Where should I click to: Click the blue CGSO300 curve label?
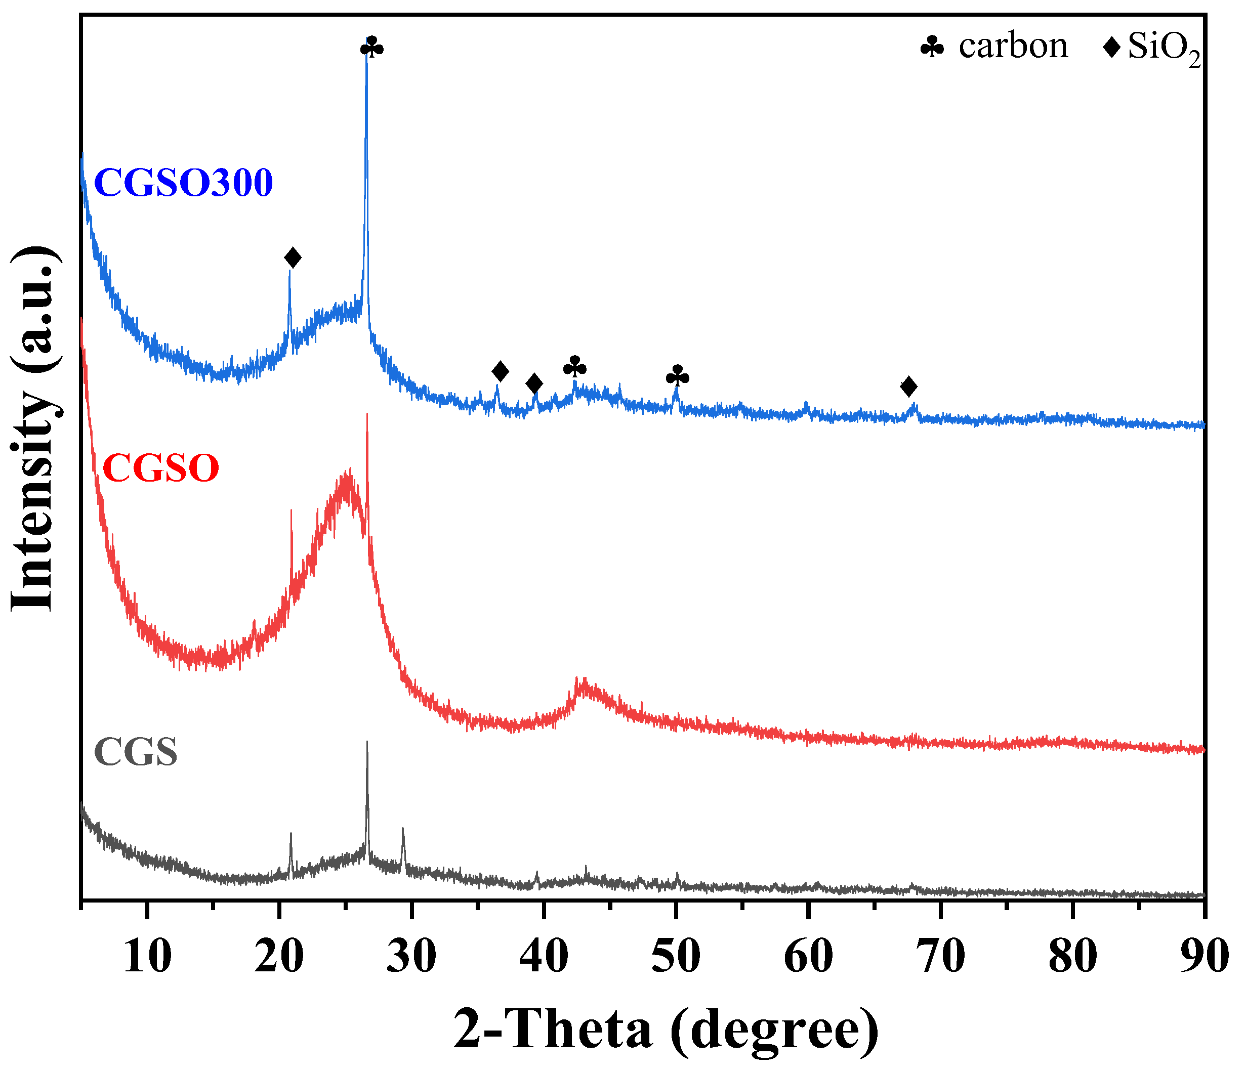tap(183, 183)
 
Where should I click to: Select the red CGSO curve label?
tap(161, 468)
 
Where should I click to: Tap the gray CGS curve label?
tap(136, 752)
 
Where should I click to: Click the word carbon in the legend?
tap(1013, 46)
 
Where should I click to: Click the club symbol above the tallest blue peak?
tap(371, 47)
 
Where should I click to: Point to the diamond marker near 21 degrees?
tap(293, 258)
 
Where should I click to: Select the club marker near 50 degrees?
tap(677, 376)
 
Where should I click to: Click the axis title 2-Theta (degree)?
tap(666, 1031)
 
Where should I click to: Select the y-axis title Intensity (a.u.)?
tap(34, 429)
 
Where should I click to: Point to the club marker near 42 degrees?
tap(574, 366)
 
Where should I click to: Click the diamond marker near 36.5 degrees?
tap(500, 371)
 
